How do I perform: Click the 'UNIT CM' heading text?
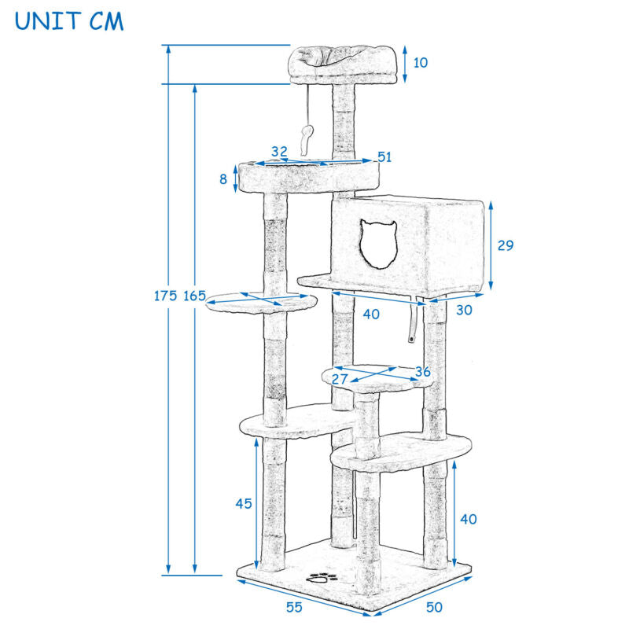pos(68,20)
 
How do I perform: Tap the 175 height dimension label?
pos(165,296)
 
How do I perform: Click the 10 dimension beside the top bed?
pos(421,62)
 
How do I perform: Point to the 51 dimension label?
pos(384,156)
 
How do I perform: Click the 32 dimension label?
pos(279,151)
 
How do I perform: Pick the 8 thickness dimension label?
pos(223,179)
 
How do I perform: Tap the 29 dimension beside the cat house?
pos(506,245)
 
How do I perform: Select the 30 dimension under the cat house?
pos(465,310)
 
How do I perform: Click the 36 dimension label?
pos(423,372)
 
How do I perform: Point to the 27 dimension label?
pos(340,379)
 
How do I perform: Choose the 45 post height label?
pos(244,503)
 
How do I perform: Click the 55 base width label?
pos(295,606)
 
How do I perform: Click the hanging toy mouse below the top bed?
pos(307,137)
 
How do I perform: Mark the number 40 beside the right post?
pos(469,519)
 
